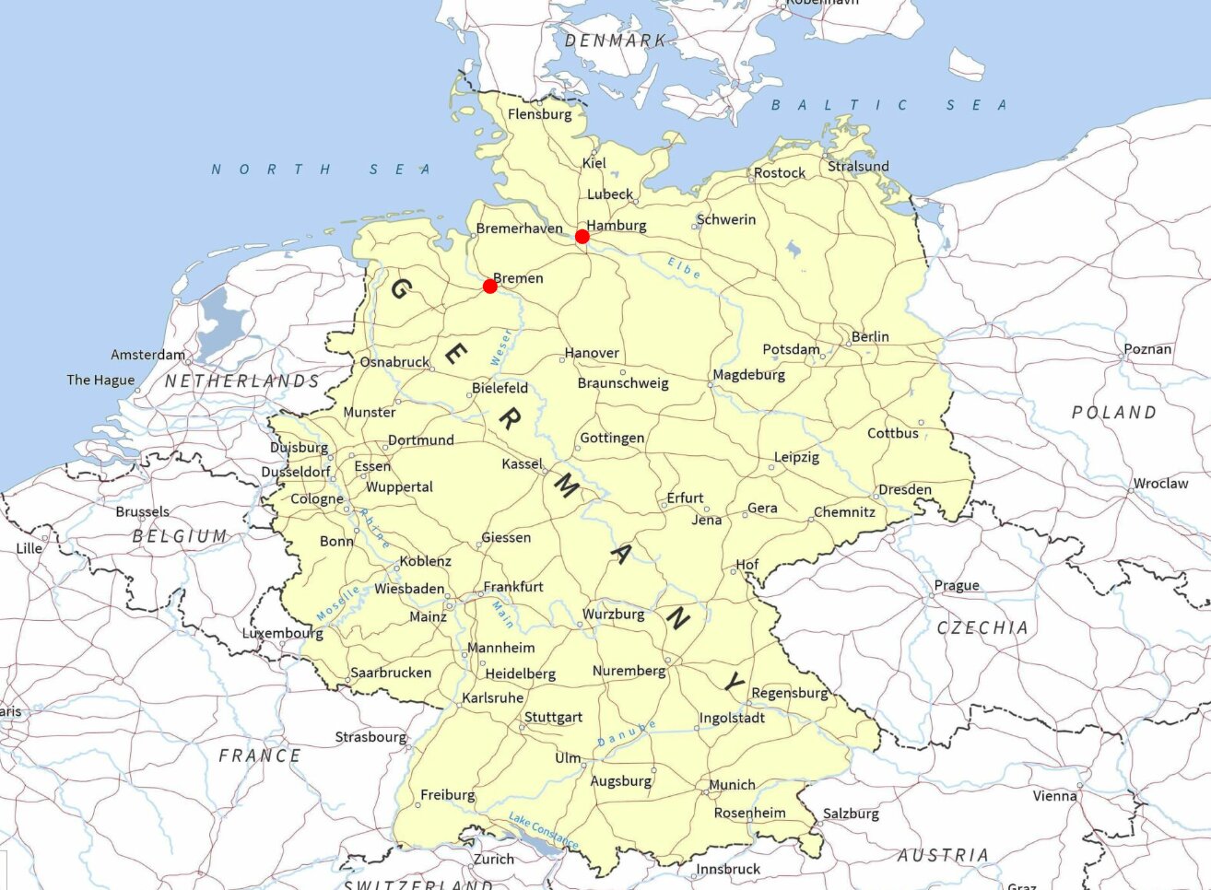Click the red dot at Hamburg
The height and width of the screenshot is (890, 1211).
point(582,237)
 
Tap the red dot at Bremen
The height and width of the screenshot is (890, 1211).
point(489,287)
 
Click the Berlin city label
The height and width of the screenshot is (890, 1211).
point(870,336)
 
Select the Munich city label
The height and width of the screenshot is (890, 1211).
point(733,785)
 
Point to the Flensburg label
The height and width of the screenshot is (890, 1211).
point(540,114)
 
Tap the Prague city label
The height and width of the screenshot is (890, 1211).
point(957,585)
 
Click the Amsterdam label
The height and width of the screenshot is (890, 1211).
point(147,355)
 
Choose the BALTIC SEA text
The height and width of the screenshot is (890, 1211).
point(888,105)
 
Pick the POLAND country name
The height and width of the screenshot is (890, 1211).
point(1113,413)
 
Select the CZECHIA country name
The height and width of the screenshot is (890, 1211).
point(982,627)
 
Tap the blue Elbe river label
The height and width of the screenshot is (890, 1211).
point(685,268)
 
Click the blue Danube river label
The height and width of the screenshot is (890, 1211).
point(627,734)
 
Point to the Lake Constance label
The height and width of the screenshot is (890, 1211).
point(544,831)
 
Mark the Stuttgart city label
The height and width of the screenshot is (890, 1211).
point(553,717)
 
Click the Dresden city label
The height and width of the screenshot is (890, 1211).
point(905,489)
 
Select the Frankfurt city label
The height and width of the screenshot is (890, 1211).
point(513,586)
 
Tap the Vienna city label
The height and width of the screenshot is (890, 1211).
point(1054,795)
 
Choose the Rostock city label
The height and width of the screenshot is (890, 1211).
point(780,172)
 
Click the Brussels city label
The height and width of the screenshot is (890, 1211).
point(143,511)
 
